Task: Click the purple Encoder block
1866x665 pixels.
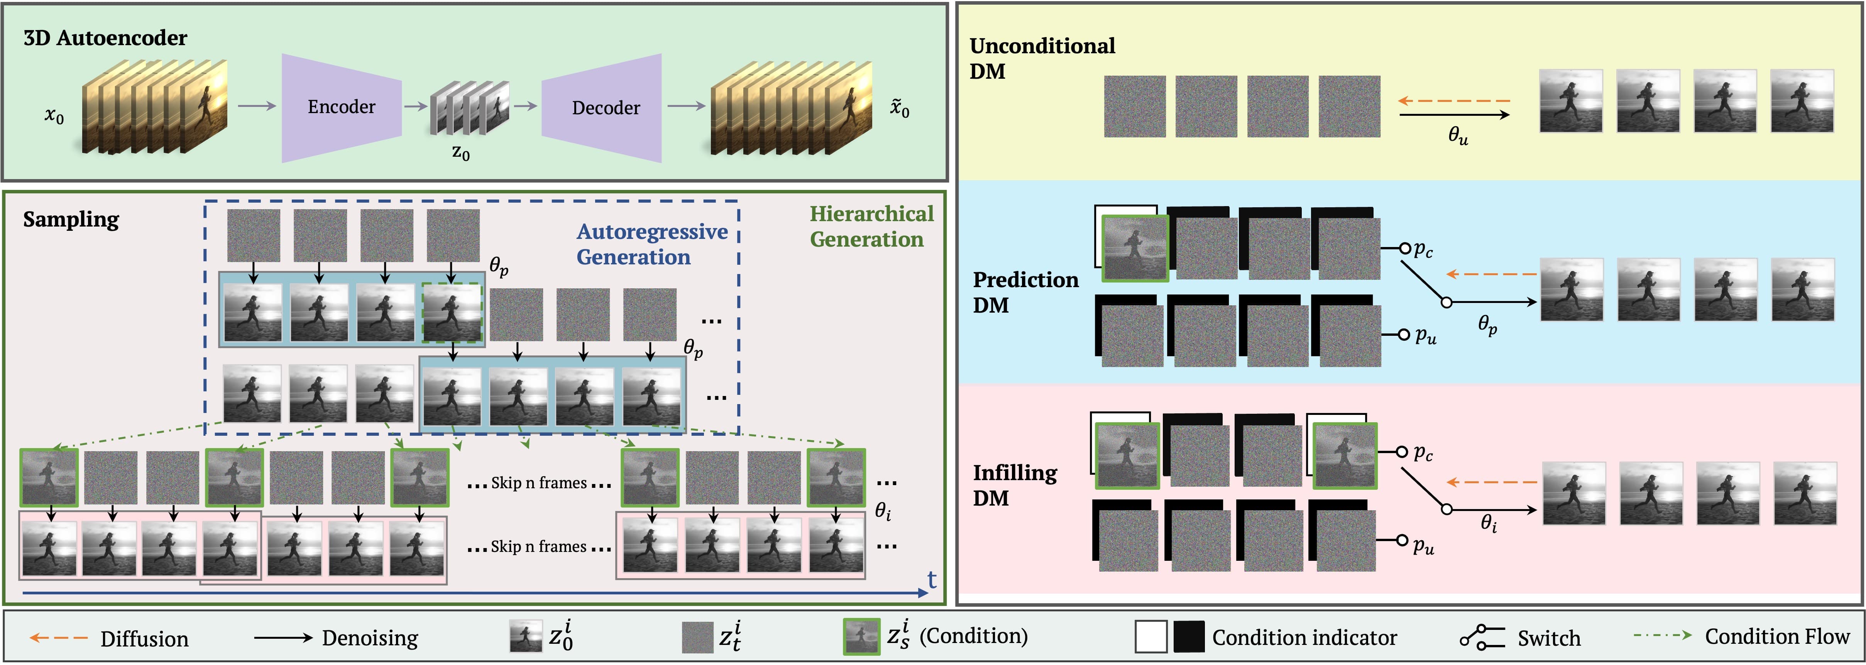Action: click(341, 107)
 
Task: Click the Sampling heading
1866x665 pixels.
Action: click(71, 219)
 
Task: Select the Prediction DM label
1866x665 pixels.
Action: click(1024, 292)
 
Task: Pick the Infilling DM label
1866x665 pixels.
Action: click(1014, 485)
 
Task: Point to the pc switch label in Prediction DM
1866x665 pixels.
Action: click(1423, 250)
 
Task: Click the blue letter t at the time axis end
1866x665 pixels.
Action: click(932, 580)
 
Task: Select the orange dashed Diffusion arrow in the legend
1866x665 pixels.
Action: click(58, 638)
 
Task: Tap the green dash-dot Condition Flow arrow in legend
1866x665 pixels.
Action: click(1662, 636)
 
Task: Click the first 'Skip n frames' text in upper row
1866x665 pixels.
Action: click(538, 483)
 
